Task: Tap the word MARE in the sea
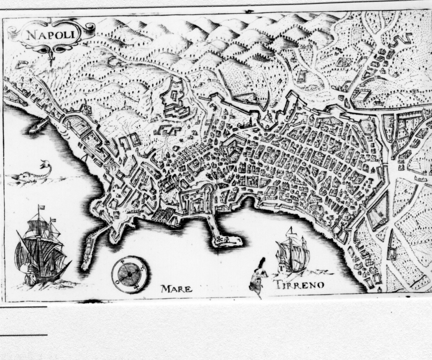pos(176,289)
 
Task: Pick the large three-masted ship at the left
pos(41,251)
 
